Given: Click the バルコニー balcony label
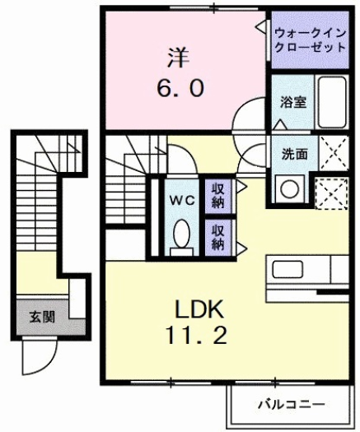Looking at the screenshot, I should pyautogui.click(x=290, y=405).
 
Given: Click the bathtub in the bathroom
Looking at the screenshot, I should pyautogui.click(x=332, y=102).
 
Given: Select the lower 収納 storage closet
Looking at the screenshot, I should pyautogui.click(x=218, y=234).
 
